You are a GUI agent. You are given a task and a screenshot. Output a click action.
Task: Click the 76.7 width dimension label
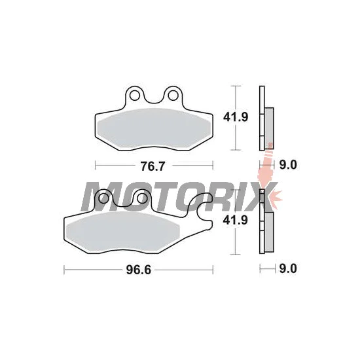point(153,166)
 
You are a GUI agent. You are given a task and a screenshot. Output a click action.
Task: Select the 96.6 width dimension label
point(139,270)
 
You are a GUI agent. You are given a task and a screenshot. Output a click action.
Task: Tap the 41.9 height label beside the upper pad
point(236,117)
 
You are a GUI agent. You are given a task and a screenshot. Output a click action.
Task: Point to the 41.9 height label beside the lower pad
point(236,221)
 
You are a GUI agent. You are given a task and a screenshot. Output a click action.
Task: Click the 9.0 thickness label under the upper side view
point(288,165)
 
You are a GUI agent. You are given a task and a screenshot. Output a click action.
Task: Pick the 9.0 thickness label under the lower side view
point(288,268)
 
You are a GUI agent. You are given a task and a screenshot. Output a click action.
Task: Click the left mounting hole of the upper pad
point(134,96)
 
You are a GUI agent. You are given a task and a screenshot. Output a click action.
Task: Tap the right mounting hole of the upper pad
point(173,96)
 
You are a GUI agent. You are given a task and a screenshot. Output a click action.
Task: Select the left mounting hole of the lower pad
point(104,198)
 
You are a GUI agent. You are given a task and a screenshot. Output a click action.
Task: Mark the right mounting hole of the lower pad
point(143,198)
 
